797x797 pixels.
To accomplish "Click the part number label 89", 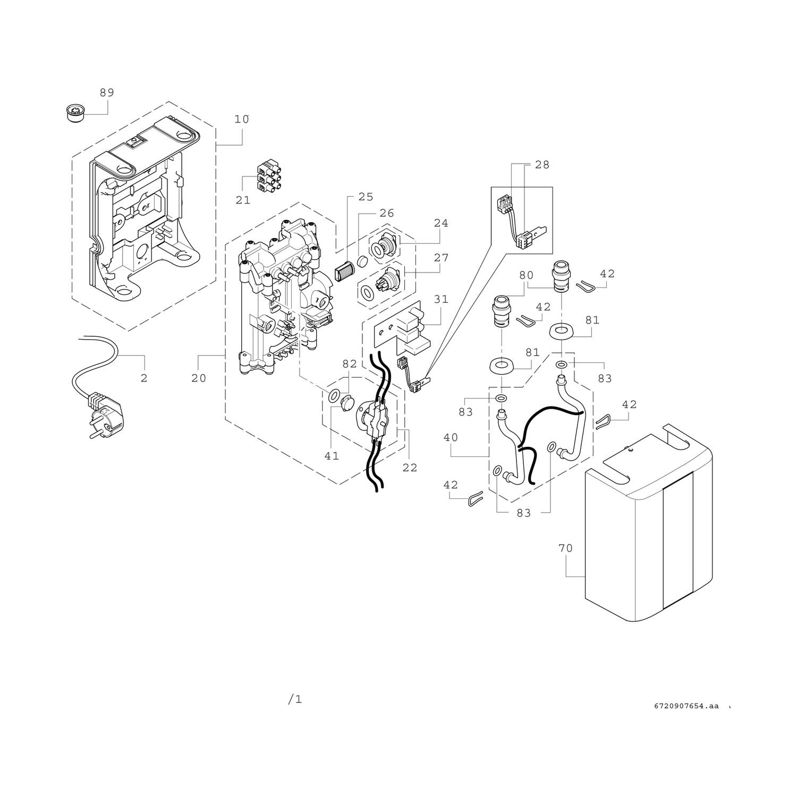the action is (107, 92).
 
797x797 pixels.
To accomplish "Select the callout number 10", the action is (242, 119).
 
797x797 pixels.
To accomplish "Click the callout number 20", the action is (199, 378).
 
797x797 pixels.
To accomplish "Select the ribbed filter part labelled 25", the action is (346, 272).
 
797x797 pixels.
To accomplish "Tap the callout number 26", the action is (387, 213).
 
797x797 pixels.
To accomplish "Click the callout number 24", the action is (441, 223).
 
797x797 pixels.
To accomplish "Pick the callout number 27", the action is (441, 258).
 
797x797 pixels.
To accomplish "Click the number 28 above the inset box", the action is (542, 165).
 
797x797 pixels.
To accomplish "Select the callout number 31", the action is (441, 299).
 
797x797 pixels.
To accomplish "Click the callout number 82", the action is (349, 363).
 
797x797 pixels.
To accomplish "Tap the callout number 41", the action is (332, 456).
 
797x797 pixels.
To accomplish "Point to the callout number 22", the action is (410, 468).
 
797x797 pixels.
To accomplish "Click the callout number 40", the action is (450, 437).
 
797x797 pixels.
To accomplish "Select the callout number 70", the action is (566, 548).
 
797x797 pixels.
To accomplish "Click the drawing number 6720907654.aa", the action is (686, 706).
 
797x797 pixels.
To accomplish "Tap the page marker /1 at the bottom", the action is (295, 700).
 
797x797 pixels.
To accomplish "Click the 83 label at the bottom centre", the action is (524, 513).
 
